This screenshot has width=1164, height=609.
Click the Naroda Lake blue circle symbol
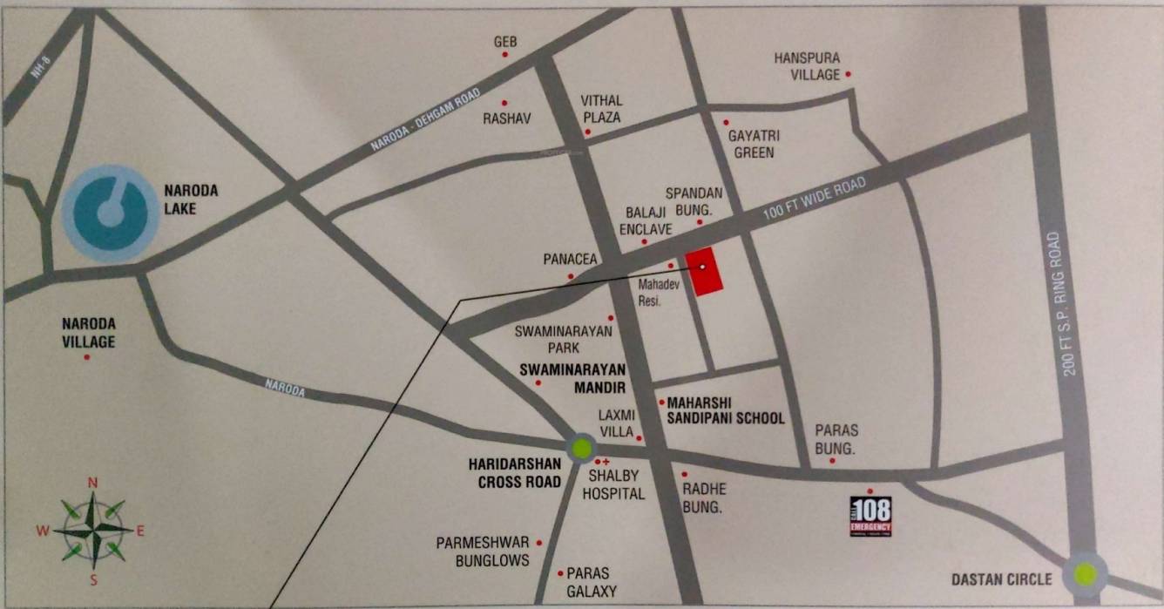pos(111,213)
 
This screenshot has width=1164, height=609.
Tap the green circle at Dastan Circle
pos(1085,573)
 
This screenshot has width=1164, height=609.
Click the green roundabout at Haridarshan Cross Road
pos(581,449)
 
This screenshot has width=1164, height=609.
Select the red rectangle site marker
pos(704,271)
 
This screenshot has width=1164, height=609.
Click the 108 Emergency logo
pos(870,516)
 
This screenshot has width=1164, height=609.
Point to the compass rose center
pos(93,529)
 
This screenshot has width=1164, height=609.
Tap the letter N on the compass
pos(93,483)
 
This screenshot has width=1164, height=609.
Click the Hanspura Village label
pos(807,66)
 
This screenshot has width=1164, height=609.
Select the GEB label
pos(505,42)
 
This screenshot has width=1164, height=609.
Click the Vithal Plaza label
pos(602,109)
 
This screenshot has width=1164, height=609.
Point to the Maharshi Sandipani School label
pos(725,410)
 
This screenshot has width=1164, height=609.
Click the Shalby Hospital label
pos(616,485)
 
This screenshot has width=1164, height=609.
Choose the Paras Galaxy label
pos(592,582)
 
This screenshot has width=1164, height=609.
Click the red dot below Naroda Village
pos(86,358)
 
